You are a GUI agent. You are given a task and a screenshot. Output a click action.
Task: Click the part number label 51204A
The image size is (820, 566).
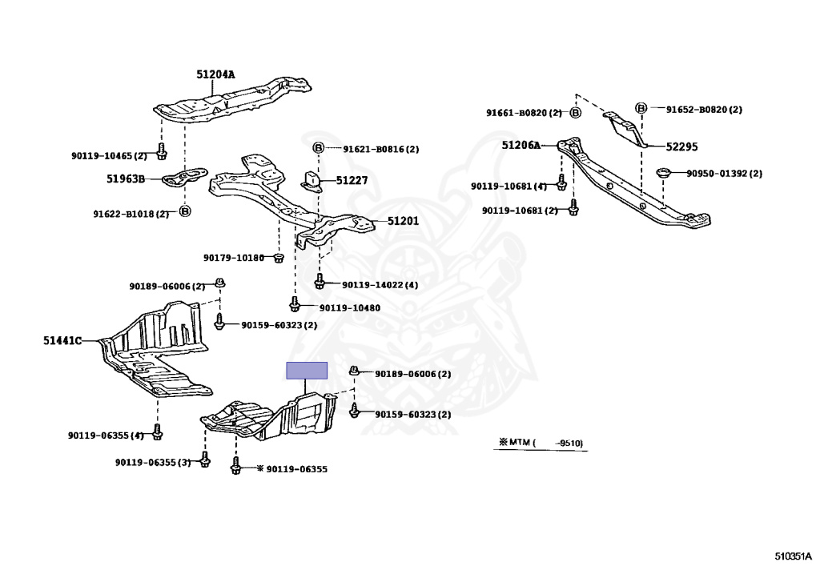click(215, 74)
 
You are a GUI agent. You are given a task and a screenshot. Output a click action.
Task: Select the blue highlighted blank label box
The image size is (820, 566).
click(307, 370)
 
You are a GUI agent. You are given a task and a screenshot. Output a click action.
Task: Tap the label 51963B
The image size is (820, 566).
click(125, 179)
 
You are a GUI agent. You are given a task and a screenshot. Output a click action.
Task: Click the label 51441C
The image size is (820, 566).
click(62, 340)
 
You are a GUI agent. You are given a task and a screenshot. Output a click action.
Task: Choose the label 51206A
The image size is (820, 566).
click(521, 145)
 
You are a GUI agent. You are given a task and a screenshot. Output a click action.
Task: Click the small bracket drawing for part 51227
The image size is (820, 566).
click(313, 181)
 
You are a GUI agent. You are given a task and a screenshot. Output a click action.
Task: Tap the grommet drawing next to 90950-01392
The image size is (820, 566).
click(663, 173)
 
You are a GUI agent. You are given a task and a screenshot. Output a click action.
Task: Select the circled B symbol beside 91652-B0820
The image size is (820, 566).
click(641, 109)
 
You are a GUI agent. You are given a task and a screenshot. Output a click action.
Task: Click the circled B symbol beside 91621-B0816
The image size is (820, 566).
click(318, 149)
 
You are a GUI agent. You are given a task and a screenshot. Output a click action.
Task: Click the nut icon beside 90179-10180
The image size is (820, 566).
click(279, 258)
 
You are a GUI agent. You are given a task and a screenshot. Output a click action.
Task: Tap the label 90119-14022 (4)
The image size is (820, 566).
click(380, 284)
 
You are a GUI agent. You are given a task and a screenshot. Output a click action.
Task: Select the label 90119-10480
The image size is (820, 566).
click(349, 307)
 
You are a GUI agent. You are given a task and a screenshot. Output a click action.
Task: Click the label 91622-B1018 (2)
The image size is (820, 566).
click(131, 214)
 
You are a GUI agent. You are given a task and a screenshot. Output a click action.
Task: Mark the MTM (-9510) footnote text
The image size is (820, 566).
click(540, 442)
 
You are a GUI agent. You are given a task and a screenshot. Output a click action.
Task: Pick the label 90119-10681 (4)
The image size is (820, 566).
click(508, 186)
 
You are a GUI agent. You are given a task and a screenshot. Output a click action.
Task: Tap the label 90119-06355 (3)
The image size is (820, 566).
click(152, 462)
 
